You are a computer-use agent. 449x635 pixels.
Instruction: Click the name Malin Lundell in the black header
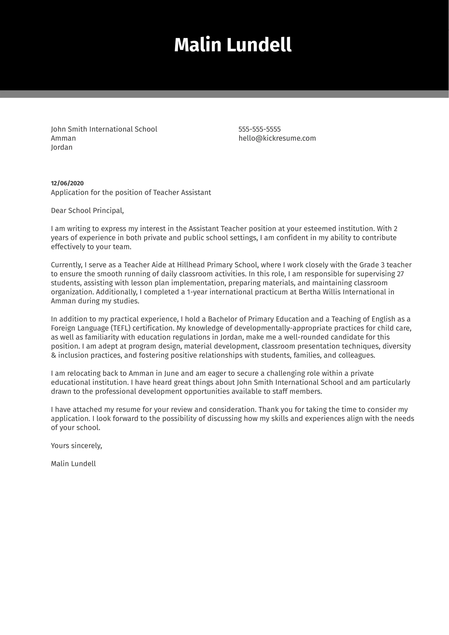point(232,45)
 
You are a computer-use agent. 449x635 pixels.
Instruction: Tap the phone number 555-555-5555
point(259,129)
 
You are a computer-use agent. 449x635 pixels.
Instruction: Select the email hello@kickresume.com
point(277,138)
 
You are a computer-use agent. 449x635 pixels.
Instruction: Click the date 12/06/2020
point(67,183)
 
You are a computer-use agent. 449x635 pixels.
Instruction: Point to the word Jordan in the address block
point(62,147)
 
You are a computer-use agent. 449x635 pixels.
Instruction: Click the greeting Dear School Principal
point(87,210)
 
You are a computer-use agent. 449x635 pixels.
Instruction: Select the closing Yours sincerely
point(76,446)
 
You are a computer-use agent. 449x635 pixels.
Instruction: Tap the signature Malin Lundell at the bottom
point(73,464)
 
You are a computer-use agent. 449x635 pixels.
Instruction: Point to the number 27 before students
point(400,274)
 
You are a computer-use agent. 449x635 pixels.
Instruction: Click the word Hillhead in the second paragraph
point(191,265)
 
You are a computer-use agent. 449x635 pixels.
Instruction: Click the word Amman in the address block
point(63,138)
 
